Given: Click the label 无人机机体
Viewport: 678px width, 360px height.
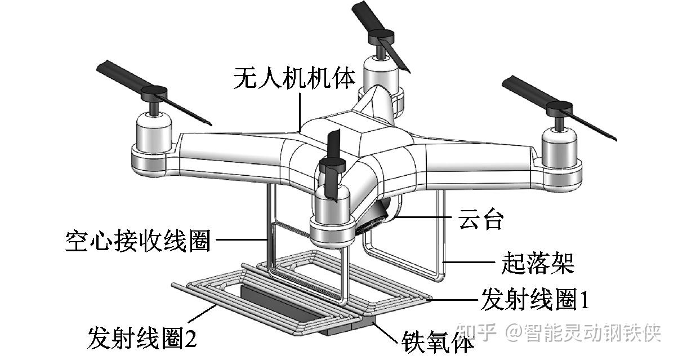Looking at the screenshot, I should (295, 78).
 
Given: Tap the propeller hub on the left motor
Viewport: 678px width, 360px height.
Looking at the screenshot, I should (154, 93).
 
